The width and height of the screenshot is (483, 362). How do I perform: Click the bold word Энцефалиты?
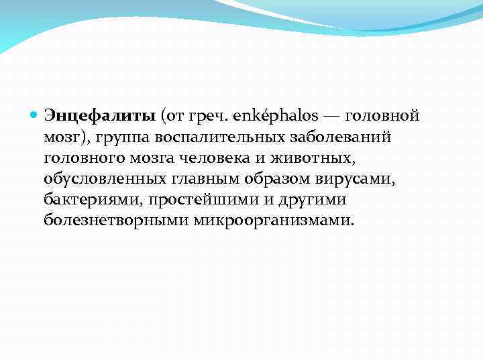click(x=100, y=115)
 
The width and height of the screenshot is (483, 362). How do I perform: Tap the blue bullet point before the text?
click(x=35, y=115)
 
